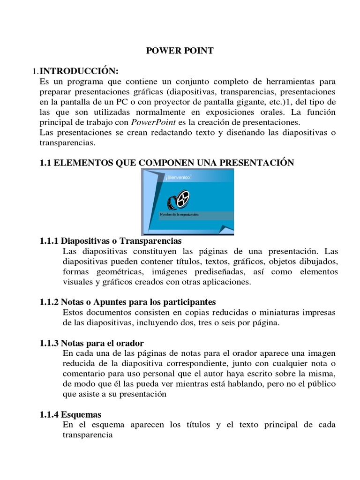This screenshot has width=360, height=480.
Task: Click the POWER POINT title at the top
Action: (180, 51)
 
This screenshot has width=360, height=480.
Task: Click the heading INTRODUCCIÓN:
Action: (79, 71)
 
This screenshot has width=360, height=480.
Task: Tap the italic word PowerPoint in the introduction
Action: (149, 122)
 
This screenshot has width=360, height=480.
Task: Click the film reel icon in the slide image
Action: (179, 199)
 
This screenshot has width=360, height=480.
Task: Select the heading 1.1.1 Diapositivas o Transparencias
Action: (111, 241)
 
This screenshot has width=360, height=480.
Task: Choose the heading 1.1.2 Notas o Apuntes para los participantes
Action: (128, 302)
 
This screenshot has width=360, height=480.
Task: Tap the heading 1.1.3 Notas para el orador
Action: (92, 343)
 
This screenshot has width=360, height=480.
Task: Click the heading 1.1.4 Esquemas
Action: (71, 415)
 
